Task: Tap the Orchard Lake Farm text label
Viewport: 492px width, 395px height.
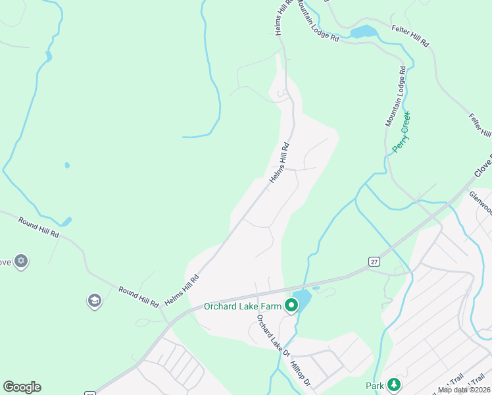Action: [x=243, y=306]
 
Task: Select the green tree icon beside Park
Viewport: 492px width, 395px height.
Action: [x=393, y=384]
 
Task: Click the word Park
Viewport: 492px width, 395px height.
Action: [x=375, y=385]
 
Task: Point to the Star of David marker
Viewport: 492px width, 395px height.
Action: [x=21, y=261]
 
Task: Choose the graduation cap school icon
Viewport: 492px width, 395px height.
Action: [x=95, y=301]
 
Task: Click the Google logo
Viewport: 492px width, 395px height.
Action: [x=22, y=387]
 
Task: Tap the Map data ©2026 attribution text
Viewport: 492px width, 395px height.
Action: [x=463, y=390]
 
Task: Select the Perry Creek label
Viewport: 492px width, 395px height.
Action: [x=401, y=132]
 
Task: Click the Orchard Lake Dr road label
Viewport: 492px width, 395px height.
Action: [x=273, y=335]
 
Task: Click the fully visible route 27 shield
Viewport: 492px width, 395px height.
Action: [x=373, y=261]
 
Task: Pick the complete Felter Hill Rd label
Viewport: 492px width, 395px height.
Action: [x=409, y=36]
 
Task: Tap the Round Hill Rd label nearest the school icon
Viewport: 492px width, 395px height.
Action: [x=138, y=297]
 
